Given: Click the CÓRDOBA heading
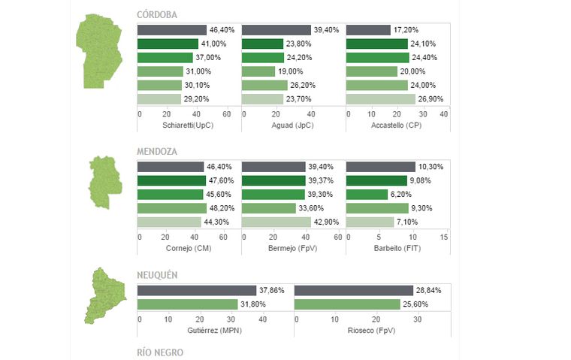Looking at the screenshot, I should [157, 15].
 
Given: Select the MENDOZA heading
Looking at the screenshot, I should [157, 152].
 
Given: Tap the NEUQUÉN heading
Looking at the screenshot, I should [157, 275].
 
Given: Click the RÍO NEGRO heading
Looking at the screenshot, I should [159, 352].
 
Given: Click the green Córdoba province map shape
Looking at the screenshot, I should [98, 51].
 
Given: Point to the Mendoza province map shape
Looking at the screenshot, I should [103, 182].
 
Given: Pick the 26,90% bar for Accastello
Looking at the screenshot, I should [381, 98].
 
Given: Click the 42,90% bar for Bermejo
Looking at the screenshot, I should [276, 222].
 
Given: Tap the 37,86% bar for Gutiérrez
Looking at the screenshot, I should [197, 290].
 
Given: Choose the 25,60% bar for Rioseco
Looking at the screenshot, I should [347, 304].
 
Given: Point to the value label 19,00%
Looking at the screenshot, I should [287, 71].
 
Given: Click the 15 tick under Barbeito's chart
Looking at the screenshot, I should [443, 237].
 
